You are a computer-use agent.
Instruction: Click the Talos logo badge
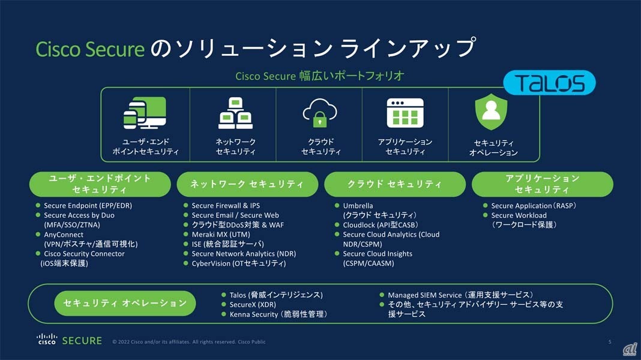coord(549,83)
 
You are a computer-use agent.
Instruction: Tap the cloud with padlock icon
coord(320,112)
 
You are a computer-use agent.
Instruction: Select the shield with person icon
coord(491,112)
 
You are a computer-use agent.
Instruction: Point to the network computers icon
coord(235,113)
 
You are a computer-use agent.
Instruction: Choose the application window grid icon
coord(405,113)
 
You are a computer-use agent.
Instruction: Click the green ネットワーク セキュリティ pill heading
coord(247,184)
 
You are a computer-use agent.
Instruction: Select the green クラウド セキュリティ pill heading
coord(395,184)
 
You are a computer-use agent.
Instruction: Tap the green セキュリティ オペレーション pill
coord(125,303)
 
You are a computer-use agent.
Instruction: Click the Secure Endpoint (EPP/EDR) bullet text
coord(88,206)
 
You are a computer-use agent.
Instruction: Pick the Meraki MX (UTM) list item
coord(221,235)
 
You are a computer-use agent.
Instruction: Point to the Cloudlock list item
coord(380,225)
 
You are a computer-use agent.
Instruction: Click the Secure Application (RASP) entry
coord(534,206)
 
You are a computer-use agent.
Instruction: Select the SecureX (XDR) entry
coord(253,304)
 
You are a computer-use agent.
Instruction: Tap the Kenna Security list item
coord(278,314)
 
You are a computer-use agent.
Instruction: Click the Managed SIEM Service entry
coord(460,295)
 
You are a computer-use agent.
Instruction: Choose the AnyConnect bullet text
coord(64,235)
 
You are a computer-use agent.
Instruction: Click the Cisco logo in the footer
coord(47,339)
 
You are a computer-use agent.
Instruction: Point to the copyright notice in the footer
coord(189,341)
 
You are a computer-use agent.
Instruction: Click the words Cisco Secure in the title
coord(90,49)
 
